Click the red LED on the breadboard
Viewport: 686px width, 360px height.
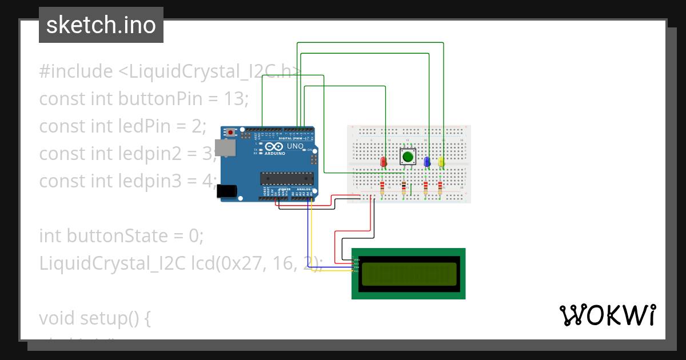point(383,162)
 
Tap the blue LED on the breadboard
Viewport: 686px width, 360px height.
point(426,162)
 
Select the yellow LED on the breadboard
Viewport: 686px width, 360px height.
point(441,162)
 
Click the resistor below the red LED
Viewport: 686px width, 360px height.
point(382,187)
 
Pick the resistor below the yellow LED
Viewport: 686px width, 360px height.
point(440,187)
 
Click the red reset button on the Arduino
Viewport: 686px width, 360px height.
point(230,133)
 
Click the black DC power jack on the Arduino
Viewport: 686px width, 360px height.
point(227,191)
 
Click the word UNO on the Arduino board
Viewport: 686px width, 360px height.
point(295,146)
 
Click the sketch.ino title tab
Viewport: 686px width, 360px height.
point(101,25)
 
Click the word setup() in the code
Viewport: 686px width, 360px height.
point(115,318)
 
